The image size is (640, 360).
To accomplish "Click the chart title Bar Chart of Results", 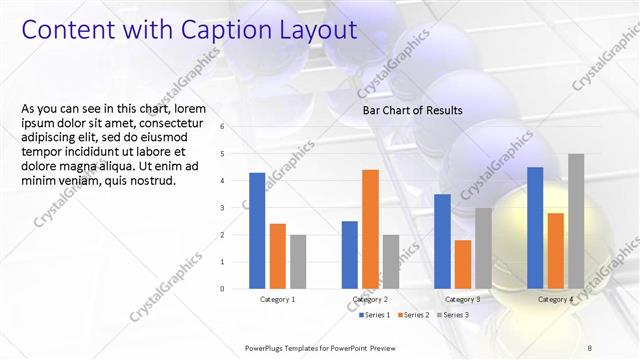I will (x=412, y=110).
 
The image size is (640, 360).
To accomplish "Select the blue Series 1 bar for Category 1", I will (x=257, y=230).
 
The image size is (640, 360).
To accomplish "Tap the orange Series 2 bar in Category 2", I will (x=370, y=229).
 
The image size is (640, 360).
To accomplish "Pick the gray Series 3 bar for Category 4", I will (x=576, y=221).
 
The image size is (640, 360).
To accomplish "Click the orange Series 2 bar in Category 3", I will (x=463, y=264).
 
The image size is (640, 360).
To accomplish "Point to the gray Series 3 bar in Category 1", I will (x=299, y=261).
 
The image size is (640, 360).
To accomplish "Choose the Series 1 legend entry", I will (x=376, y=315).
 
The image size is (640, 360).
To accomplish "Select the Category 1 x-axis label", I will (x=277, y=299).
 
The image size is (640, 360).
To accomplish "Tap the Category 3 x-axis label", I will (x=462, y=299).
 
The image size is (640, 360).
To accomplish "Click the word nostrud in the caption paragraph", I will (x=152, y=181).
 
